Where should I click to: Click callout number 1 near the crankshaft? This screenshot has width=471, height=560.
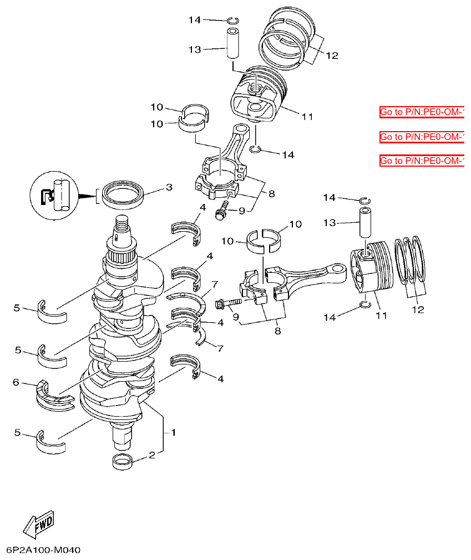(x=173, y=432)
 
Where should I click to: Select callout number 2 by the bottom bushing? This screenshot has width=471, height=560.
(x=152, y=456)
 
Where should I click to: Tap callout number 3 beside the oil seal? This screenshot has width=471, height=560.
(x=169, y=188)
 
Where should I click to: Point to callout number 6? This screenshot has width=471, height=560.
(x=16, y=382)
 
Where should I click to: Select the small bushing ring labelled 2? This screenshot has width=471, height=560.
(x=123, y=461)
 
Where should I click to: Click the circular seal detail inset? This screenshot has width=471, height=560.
(x=55, y=196)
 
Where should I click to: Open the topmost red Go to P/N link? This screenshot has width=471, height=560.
(x=422, y=112)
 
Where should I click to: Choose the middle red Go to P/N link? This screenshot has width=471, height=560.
(x=422, y=137)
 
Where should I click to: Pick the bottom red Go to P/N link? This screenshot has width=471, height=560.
(x=422, y=161)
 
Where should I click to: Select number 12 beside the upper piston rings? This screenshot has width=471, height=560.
(x=332, y=56)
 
